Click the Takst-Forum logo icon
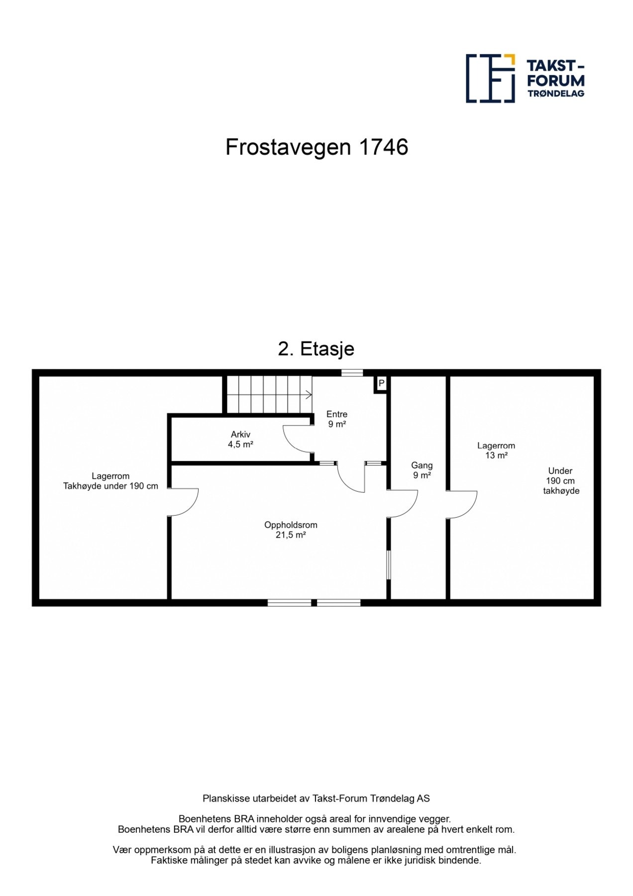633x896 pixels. tap(490, 78)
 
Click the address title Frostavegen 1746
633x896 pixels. tap(316, 147)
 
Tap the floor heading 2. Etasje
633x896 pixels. tap(316, 349)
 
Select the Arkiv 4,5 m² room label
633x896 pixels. tap(240, 440)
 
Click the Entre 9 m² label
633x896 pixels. tap(337, 419)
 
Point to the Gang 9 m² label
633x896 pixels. tap(422, 470)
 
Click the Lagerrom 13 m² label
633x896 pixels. tap(496, 450)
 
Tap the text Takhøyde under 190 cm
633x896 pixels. tap(110, 486)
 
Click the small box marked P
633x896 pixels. tap(381, 384)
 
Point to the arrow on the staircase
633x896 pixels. tap(308, 395)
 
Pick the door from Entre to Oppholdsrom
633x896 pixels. tap(351, 478)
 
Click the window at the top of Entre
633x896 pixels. tap(352, 372)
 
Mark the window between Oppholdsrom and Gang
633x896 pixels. tap(389, 564)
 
